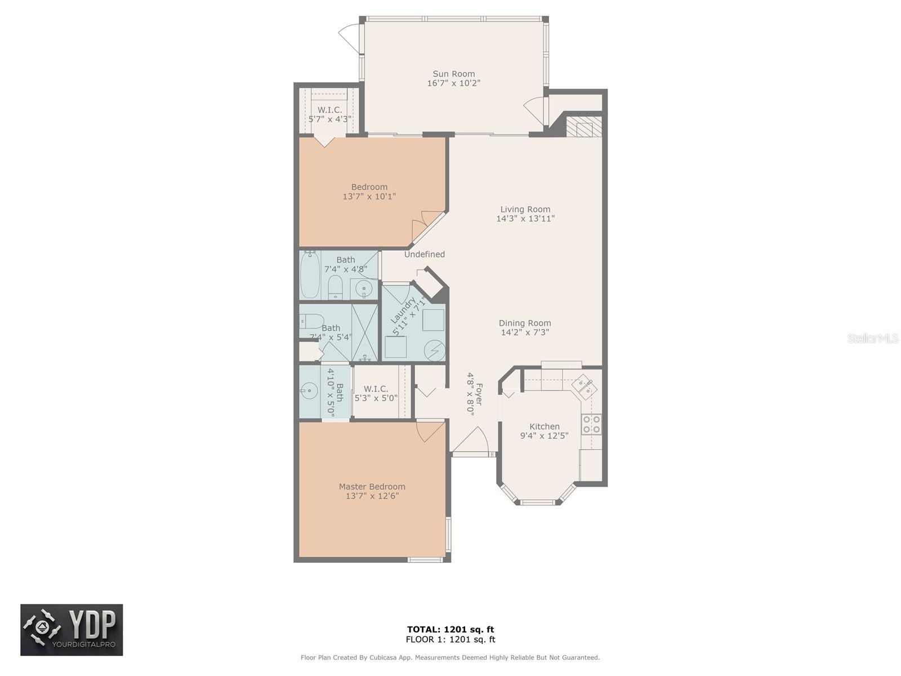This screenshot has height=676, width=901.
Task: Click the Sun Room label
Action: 453,74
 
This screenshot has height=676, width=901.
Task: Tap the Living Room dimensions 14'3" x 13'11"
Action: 525,219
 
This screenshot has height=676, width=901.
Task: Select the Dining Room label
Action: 525,323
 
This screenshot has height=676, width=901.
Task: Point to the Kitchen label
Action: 544,426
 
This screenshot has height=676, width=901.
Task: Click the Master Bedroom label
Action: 372,486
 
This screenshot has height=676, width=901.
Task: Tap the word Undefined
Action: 425,255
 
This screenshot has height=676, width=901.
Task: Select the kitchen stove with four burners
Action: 591,424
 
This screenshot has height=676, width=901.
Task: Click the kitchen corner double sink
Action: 585,386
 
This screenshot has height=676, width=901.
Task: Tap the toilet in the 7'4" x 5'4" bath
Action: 311,321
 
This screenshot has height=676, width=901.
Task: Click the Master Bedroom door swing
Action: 430,432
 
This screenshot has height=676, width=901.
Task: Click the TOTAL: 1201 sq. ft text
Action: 450,629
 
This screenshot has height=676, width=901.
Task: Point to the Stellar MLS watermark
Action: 873,338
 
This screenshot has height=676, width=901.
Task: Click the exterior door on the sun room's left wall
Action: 349,37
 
